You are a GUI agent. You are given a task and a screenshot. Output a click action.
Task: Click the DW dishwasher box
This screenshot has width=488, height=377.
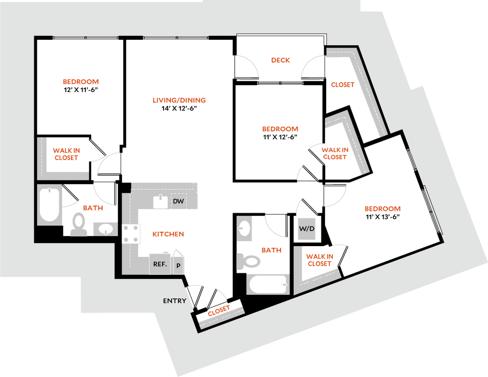coord(179,202)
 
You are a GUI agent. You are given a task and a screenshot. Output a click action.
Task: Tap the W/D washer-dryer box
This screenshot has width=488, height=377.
coord(307,229)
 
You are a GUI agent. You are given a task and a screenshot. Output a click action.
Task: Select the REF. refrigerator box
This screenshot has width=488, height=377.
coord(160,264)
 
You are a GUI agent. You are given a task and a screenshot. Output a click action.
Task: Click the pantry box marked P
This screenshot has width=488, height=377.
coord(178,265)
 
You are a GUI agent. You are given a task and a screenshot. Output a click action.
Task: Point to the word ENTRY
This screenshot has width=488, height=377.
coord(174,301)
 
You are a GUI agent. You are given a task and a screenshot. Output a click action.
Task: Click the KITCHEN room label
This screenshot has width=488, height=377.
coord(168,234)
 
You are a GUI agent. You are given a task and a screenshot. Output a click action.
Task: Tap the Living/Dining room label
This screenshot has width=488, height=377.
coord(179,101)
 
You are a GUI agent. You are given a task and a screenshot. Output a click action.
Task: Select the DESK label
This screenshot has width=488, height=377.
coord(281,60)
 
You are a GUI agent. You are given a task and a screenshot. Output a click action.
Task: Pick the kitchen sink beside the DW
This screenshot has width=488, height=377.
coord(160,202)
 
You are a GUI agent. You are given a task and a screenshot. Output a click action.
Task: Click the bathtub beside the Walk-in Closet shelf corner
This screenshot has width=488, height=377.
coord(49,205)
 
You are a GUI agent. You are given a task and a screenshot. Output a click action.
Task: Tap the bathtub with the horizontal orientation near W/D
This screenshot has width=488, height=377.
coord(268,284)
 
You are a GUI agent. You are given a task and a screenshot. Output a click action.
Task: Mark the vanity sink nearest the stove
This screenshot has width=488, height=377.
coord(105,229)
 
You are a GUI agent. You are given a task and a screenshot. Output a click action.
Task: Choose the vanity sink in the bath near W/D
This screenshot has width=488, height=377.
coord(244,229)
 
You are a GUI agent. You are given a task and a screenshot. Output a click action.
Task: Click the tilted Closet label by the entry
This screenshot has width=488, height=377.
coord(219,310)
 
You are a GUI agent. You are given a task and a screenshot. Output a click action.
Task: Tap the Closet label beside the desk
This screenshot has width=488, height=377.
coord(343,84)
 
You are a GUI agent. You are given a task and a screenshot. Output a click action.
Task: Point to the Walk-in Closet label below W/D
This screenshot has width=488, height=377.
coord(320,260)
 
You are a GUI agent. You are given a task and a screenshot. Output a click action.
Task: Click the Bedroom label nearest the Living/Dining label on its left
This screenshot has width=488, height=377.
coord(81,82)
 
